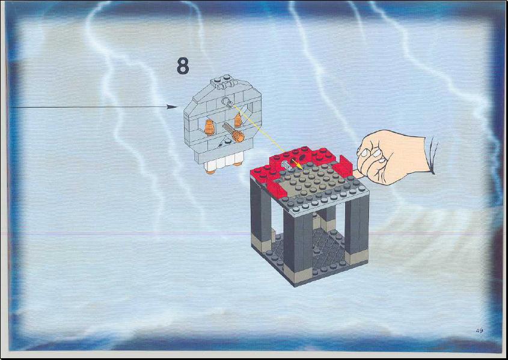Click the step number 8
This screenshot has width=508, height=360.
[183, 66]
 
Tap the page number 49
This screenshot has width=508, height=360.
[480, 331]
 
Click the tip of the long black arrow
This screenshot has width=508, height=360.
[177, 107]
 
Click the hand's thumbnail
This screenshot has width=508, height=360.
[377, 153]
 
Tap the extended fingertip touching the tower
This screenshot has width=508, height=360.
[357, 174]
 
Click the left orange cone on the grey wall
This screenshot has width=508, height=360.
[210, 127]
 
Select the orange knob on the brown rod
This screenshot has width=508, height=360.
[239, 136]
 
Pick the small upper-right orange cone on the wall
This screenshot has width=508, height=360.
[238, 120]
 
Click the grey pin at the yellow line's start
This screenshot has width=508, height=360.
[227, 102]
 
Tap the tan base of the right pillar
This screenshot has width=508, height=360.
[357, 257]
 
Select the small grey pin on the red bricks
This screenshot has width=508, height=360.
[286, 165]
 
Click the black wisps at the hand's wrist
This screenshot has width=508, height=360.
[433, 156]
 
